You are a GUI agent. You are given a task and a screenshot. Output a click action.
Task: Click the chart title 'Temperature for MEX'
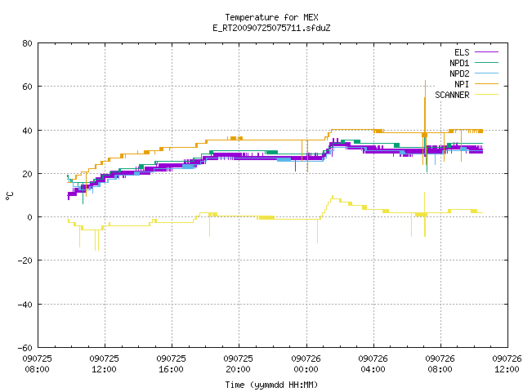click(271, 17)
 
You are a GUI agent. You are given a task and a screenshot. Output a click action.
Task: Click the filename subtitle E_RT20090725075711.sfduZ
click(271, 28)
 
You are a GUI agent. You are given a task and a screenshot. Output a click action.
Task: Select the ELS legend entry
click(476, 52)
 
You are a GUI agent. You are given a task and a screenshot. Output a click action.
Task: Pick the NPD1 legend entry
click(474, 63)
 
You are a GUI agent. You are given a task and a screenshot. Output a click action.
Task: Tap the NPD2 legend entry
click(474, 73)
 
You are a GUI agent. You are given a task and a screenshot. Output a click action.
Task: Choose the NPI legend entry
click(476, 84)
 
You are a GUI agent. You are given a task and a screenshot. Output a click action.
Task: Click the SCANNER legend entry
click(467, 95)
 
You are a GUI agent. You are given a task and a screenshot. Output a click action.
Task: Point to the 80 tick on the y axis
click(27, 43)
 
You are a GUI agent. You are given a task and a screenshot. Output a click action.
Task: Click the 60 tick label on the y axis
click(27, 87)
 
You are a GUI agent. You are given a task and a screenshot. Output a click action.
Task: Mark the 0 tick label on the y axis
click(29, 217)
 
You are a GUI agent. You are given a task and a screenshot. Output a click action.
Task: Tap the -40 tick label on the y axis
click(25, 305)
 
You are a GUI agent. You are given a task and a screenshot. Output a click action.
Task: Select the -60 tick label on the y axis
click(25, 348)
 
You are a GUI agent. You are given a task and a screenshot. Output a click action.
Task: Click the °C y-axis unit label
click(10, 196)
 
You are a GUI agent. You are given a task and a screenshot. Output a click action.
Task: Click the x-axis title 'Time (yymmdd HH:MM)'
click(271, 385)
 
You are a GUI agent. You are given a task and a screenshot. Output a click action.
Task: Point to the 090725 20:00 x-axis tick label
click(238, 364)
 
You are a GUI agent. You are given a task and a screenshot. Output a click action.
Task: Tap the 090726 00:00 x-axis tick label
click(306, 364)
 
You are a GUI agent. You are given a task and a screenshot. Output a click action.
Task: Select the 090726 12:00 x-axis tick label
click(507, 364)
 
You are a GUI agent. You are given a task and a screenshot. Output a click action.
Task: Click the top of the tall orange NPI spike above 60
click(425, 81)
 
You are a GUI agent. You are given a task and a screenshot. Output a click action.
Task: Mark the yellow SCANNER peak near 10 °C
click(333, 196)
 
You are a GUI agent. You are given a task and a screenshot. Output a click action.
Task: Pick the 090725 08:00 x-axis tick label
click(37, 364)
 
